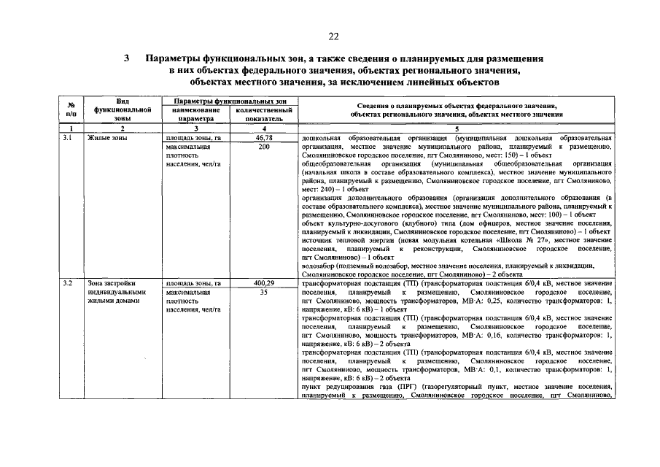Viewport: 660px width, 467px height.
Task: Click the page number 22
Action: click(333, 36)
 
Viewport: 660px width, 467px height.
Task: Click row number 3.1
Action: click(67, 137)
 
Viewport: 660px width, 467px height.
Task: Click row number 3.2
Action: click(67, 282)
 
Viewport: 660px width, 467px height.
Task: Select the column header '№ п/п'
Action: click(71, 109)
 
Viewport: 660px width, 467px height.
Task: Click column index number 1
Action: click(71, 129)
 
